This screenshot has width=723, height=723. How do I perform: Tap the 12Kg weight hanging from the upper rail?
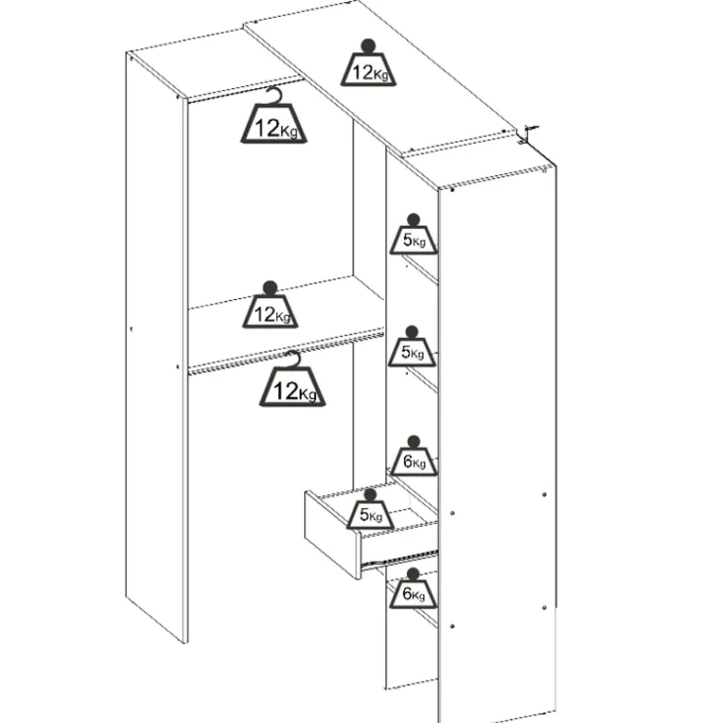[274, 122]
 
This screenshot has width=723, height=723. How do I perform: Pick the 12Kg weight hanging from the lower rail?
[292, 384]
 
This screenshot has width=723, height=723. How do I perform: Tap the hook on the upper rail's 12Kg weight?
[274, 95]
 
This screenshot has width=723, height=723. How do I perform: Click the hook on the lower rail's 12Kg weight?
[292, 359]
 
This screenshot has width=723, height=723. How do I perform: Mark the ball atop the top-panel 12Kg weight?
[368, 46]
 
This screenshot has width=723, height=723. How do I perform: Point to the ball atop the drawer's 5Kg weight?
[370, 495]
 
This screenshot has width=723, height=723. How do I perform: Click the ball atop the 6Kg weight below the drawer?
[413, 574]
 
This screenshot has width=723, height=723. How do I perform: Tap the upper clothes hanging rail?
[246, 89]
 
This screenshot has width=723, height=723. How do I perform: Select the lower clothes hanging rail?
[286, 352]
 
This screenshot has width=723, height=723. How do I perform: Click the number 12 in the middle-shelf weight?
[264, 315]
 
